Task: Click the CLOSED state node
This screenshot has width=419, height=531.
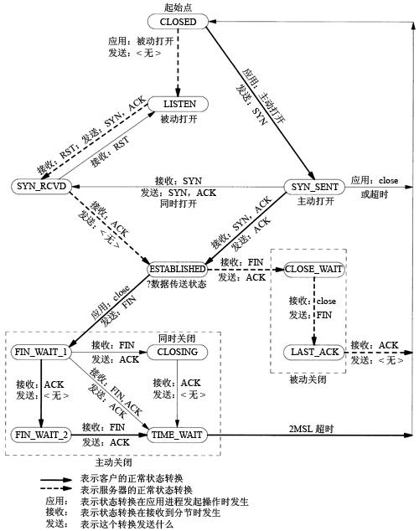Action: click(177, 20)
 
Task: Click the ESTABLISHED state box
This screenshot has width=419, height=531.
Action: click(177, 270)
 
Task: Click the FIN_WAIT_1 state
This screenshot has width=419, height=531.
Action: click(40, 352)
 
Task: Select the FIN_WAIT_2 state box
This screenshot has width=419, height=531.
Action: click(40, 435)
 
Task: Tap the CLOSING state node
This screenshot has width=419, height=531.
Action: click(177, 352)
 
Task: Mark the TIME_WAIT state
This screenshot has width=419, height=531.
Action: click(177, 435)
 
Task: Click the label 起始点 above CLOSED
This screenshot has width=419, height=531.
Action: click(177, 7)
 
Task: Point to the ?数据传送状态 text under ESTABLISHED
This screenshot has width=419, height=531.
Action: click(178, 284)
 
